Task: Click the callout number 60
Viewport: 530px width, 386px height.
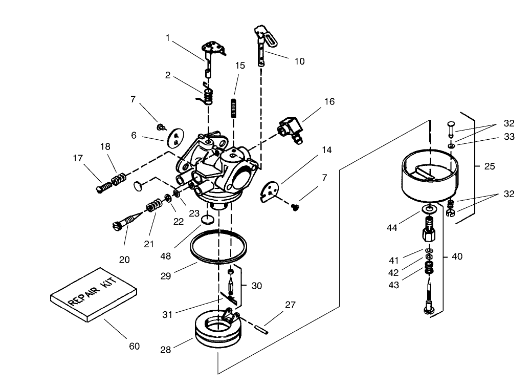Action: coord(134,347)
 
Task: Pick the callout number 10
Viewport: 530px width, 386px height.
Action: coord(299,61)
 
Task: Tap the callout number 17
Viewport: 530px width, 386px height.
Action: coord(78,159)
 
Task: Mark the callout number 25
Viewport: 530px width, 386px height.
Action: coord(489,166)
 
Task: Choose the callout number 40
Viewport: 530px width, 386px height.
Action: coord(457,256)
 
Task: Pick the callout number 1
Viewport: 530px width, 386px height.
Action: coord(167,37)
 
